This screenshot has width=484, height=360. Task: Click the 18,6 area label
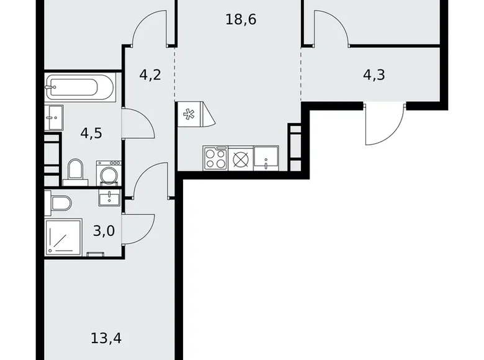[x=241, y=19]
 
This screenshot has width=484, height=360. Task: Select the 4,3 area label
[x=374, y=76]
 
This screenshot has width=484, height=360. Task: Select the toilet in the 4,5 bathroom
[x=76, y=171]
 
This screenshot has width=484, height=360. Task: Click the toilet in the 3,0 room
[x=61, y=202]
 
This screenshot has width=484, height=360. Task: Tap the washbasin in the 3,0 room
[x=110, y=197]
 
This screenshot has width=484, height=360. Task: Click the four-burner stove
[x=215, y=158]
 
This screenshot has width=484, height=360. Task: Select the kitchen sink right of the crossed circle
[x=266, y=158]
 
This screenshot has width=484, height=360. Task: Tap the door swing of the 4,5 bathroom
[x=140, y=124]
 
